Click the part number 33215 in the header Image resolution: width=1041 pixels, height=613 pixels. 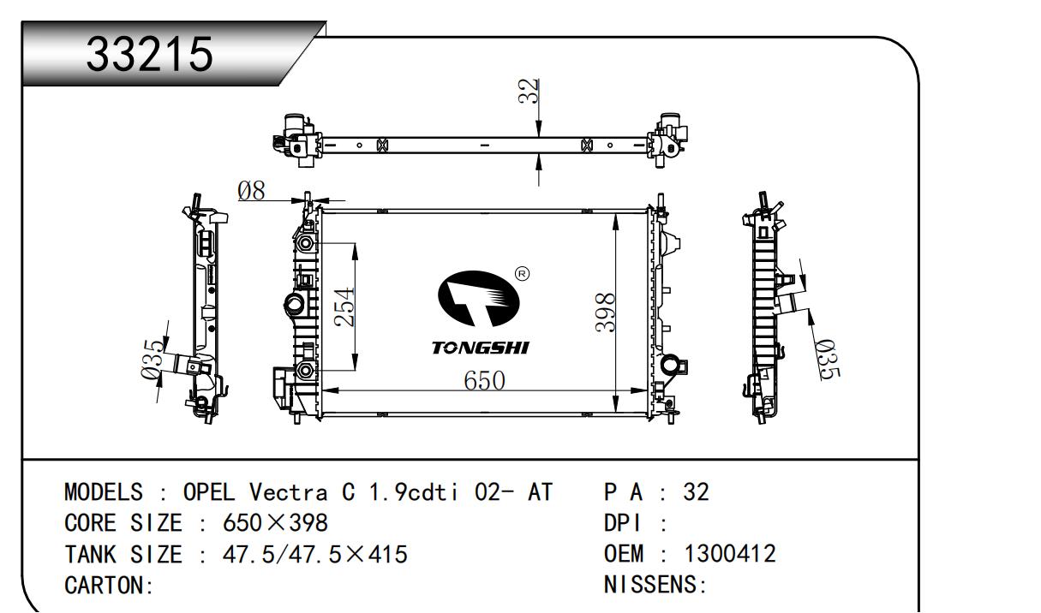click(x=150, y=54)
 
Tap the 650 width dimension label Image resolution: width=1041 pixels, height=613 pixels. click(x=484, y=381)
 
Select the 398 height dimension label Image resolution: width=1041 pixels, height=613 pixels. click(x=606, y=312)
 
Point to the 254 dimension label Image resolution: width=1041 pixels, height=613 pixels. click(x=344, y=307)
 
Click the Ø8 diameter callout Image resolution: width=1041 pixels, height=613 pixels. click(x=251, y=190)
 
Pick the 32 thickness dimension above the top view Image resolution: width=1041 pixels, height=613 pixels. click(x=529, y=91)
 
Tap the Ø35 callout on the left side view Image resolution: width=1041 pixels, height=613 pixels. click(x=153, y=359)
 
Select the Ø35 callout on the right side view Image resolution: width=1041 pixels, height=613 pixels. click(x=829, y=360)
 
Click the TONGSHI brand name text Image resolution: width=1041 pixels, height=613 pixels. click(x=480, y=348)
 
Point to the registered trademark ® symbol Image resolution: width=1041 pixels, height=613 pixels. click(x=523, y=274)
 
